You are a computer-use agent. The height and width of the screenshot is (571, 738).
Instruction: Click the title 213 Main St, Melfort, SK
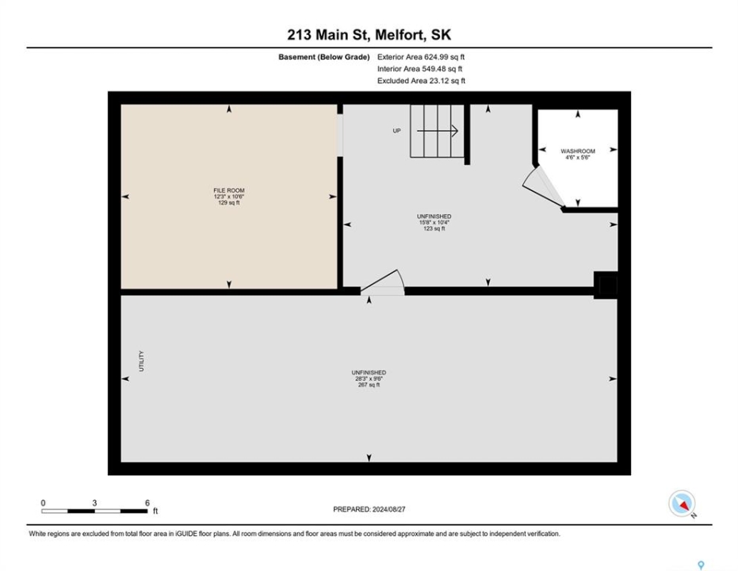(369, 34)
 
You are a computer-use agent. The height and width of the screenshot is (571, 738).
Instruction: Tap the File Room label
(229, 190)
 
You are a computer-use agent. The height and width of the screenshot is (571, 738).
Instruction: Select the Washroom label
(578, 151)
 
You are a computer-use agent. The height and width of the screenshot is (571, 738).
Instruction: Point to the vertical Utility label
(141, 361)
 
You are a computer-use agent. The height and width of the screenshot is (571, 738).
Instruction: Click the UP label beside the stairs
(397, 131)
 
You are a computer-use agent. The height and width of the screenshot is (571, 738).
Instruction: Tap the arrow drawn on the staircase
(438, 131)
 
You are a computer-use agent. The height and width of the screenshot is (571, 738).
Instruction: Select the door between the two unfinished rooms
(383, 282)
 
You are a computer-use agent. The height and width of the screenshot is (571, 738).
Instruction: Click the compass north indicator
(682, 504)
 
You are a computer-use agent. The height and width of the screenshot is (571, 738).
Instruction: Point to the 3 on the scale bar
(94, 503)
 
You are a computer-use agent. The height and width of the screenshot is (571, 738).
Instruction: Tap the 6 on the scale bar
(147, 503)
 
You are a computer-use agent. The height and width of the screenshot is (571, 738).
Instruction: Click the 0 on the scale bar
(44, 503)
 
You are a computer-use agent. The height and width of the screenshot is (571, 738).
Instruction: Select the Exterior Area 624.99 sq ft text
(421, 57)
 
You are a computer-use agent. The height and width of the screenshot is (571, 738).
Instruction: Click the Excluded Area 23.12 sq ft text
(421, 81)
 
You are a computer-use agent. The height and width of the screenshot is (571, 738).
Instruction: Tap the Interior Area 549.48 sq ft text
(420, 69)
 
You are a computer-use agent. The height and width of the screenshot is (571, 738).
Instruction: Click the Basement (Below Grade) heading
(323, 57)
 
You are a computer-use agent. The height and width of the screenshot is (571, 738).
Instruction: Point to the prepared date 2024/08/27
(388, 509)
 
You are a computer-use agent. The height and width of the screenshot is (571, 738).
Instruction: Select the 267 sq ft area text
(369, 385)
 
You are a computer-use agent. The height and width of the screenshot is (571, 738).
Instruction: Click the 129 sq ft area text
(229, 203)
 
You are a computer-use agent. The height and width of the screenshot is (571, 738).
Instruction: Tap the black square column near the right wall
(606, 285)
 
